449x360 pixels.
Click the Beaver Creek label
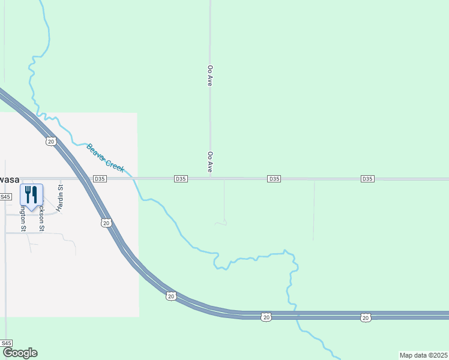tap(105, 157)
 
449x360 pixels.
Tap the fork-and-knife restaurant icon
tap(31, 195)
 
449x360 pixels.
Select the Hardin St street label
tap(60, 198)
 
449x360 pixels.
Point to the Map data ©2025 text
tap(423, 355)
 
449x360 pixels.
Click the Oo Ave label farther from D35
tap(210, 76)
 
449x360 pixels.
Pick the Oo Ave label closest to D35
tap(210, 162)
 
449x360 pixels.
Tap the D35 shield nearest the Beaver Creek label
tap(100, 179)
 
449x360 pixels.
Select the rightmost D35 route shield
tap(368, 179)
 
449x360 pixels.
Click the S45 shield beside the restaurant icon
tap(5, 197)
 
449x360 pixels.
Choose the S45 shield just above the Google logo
tap(7, 343)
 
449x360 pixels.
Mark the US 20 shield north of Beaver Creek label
tap(50, 141)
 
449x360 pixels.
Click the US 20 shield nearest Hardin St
tap(106, 223)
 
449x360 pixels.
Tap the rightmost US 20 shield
tap(365, 317)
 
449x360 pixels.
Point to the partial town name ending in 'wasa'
tap(10, 179)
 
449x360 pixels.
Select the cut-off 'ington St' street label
tap(23, 218)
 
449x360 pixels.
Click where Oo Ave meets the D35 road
tap(210, 178)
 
